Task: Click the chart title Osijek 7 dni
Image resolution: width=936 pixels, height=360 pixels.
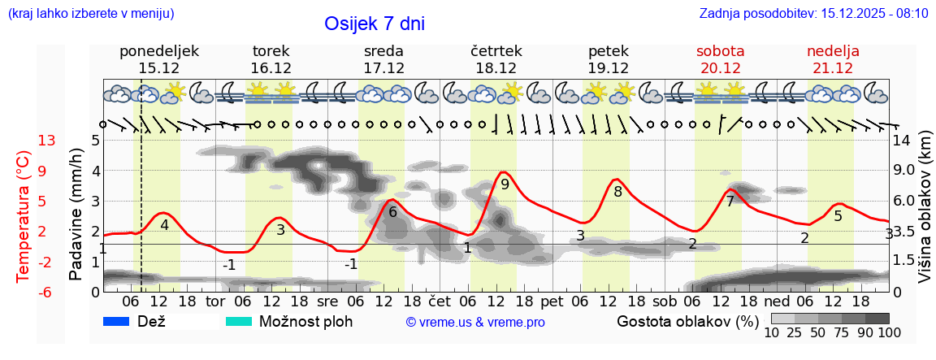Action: [374, 24]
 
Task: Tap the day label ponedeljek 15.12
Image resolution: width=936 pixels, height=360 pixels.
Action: [159, 59]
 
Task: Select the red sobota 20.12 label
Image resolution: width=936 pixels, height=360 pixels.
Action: [721, 59]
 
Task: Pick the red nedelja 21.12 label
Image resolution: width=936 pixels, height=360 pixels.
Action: [833, 59]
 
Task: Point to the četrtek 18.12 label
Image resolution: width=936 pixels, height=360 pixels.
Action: [496, 59]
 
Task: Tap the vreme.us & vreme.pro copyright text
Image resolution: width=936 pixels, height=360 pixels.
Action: [475, 323]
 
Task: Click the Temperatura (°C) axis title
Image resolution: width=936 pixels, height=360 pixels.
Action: [24, 216]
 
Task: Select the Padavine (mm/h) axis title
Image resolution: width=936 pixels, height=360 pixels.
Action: [76, 215]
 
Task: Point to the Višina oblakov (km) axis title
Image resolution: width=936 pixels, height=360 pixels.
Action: [925, 215]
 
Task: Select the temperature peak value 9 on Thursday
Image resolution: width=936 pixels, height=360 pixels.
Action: [505, 184]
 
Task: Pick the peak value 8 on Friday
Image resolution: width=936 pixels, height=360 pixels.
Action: [617, 193]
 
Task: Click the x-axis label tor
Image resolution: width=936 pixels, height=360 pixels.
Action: [215, 301]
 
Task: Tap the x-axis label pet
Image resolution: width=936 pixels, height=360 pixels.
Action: [552, 301]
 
